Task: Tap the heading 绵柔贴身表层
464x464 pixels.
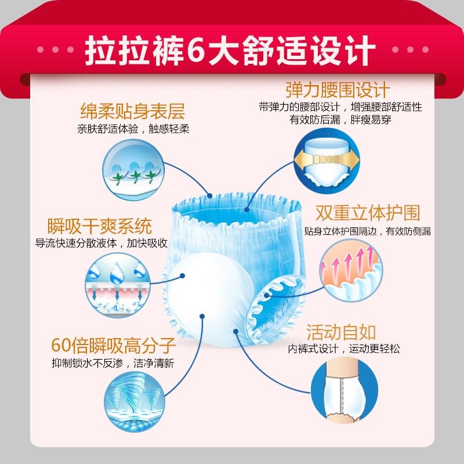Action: pyautogui.click(x=132, y=111)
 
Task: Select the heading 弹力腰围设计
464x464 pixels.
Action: pyautogui.click(x=338, y=90)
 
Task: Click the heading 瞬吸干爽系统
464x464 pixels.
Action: pyautogui.click(x=100, y=225)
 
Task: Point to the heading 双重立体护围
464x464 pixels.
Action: pyautogui.click(x=368, y=213)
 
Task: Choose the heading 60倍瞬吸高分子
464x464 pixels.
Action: pyautogui.click(x=113, y=346)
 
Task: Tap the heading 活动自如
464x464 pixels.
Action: pyautogui.click(x=341, y=332)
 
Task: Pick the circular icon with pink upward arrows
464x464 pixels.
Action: pyautogui.click(x=351, y=264)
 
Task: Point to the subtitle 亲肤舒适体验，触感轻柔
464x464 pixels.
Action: pyautogui.click(x=133, y=129)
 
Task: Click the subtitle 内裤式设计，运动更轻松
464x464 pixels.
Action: pyautogui.click(x=344, y=349)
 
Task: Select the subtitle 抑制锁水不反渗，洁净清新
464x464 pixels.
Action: pyautogui.click(x=113, y=364)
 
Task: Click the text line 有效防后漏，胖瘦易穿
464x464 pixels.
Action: pyautogui.click(x=339, y=121)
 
